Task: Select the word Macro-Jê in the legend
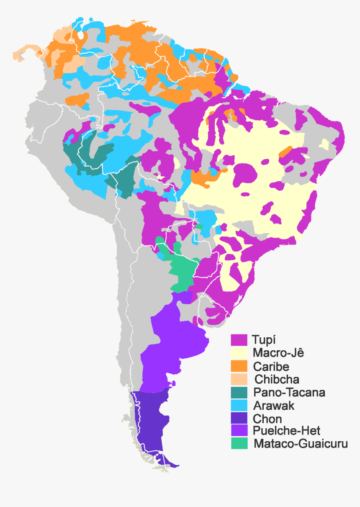pyautogui.click(x=278, y=353)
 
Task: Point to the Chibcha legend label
pyautogui.click(x=277, y=380)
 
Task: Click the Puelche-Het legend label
pyautogui.click(x=287, y=431)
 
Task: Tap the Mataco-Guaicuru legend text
pyautogui.click(x=301, y=444)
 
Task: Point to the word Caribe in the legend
pyautogui.click(x=271, y=367)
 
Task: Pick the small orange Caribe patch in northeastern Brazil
pyautogui.click(x=285, y=151)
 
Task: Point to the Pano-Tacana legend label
pyautogui.click(x=289, y=393)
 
